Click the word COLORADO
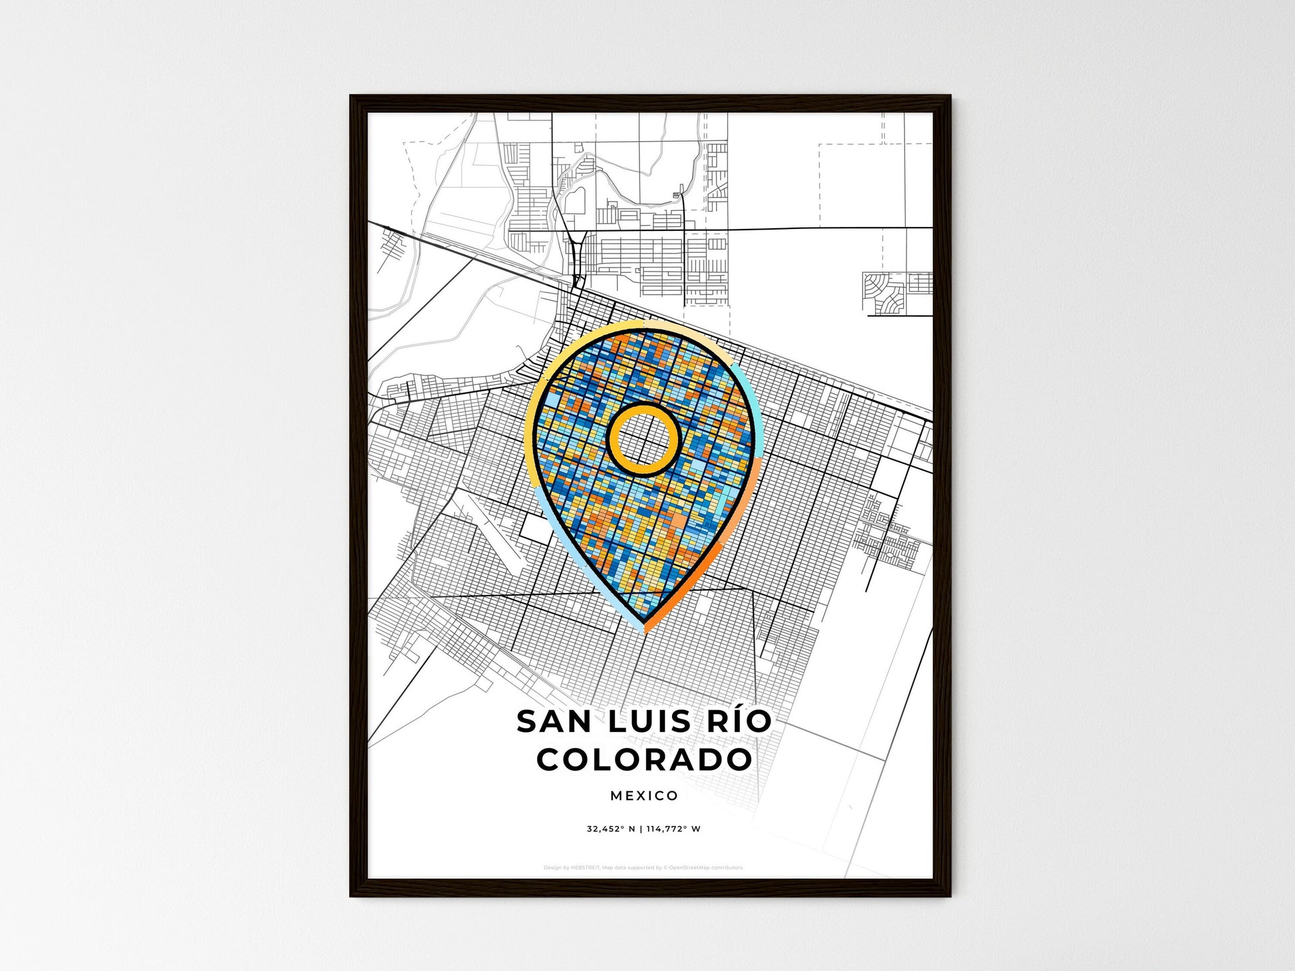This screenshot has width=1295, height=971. coord(644,759)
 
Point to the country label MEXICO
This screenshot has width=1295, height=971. coord(644,795)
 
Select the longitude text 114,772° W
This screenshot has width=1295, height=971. coord(673,829)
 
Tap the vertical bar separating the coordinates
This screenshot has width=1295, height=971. coord(640,829)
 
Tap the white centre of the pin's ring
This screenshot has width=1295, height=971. coord(644,439)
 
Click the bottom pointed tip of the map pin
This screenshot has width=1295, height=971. coord(644,627)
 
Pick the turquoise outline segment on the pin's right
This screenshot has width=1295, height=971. coord(745,399)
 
